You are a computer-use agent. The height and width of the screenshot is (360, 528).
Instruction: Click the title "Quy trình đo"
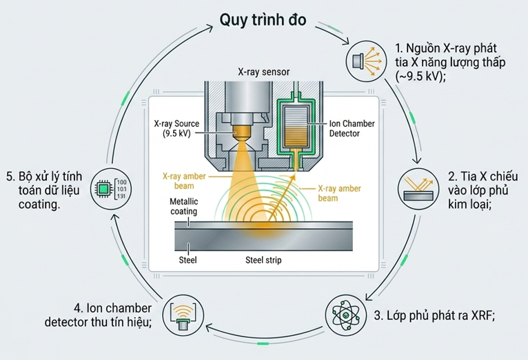263,20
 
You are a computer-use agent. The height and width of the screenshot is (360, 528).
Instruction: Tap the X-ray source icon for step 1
367,61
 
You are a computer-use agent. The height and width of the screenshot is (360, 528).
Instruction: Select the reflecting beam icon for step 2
418,188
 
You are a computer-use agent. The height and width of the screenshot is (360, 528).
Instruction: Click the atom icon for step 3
346,316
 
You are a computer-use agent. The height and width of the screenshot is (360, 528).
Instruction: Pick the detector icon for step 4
183,316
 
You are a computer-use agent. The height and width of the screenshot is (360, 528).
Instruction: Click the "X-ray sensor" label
264,72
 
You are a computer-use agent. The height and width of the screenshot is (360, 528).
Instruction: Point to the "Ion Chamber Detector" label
352,128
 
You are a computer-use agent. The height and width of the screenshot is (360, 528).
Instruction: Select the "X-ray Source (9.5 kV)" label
176,128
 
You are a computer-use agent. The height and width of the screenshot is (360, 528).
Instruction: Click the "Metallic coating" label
184,206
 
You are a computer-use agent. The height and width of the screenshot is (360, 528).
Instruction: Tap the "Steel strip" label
263,260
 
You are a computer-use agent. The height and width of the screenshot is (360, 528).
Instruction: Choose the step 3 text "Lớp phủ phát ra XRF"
434,316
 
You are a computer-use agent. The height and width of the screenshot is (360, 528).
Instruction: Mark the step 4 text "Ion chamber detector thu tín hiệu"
98,315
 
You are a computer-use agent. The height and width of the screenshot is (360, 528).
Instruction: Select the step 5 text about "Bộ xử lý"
44,190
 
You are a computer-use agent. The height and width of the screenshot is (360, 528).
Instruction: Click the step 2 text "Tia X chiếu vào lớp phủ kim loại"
483,190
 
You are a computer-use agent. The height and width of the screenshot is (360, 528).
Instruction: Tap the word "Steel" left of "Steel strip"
188,260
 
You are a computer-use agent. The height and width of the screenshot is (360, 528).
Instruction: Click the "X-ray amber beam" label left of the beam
184,181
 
